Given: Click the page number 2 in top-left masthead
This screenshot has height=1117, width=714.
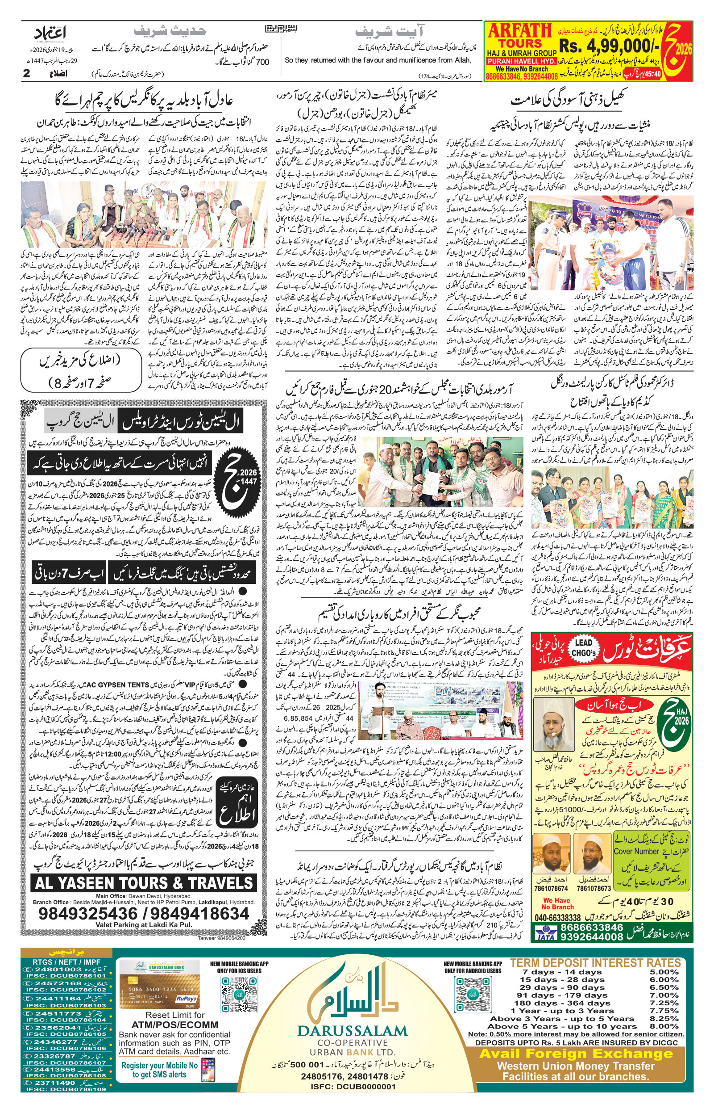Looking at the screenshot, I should pos(26,73).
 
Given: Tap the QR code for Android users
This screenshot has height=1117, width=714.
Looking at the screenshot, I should pos(472,994).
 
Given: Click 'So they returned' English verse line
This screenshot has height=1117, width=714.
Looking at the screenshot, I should pos(378,60).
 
